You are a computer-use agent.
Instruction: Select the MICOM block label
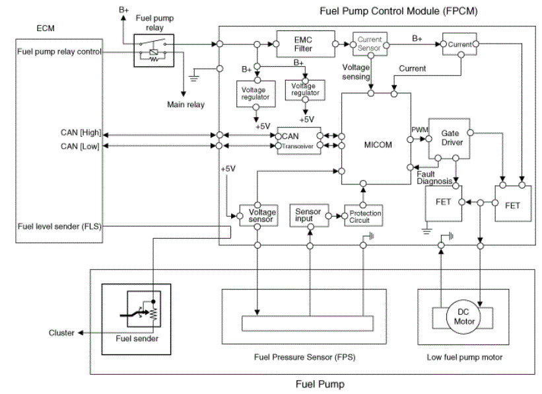coord(378,145)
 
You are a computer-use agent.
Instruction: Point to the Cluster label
coord(61,333)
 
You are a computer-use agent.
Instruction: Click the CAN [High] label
coord(81,133)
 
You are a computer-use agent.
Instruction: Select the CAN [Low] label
coord(80,147)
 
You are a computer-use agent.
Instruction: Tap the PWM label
coord(420,130)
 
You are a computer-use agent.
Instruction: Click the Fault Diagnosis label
coord(434,178)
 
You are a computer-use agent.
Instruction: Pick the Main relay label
coord(186,104)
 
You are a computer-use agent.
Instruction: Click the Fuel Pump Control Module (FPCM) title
coord(399,11)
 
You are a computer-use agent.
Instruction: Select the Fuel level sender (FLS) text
coord(59,227)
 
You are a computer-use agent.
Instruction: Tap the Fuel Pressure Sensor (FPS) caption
coord(304,357)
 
